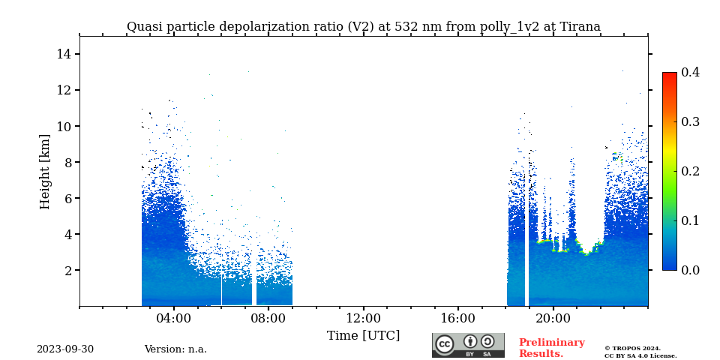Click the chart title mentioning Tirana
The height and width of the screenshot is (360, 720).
click(363, 27)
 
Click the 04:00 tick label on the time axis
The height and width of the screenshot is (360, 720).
click(174, 318)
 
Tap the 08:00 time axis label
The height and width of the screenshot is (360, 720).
click(268, 318)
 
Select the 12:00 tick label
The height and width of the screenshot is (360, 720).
click(363, 318)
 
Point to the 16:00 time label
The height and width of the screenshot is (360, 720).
click(457, 318)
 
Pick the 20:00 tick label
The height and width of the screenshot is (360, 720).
click(553, 318)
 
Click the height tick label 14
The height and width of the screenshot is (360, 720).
click(63, 54)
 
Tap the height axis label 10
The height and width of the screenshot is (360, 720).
click(63, 126)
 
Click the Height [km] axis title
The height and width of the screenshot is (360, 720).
click(45, 171)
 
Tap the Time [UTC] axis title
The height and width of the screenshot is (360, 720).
click(363, 336)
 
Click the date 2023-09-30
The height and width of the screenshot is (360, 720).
click(65, 349)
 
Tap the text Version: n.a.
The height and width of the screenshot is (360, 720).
click(175, 349)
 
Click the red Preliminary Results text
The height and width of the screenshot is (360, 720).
click(551, 348)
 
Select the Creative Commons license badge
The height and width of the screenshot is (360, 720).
click(468, 345)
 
